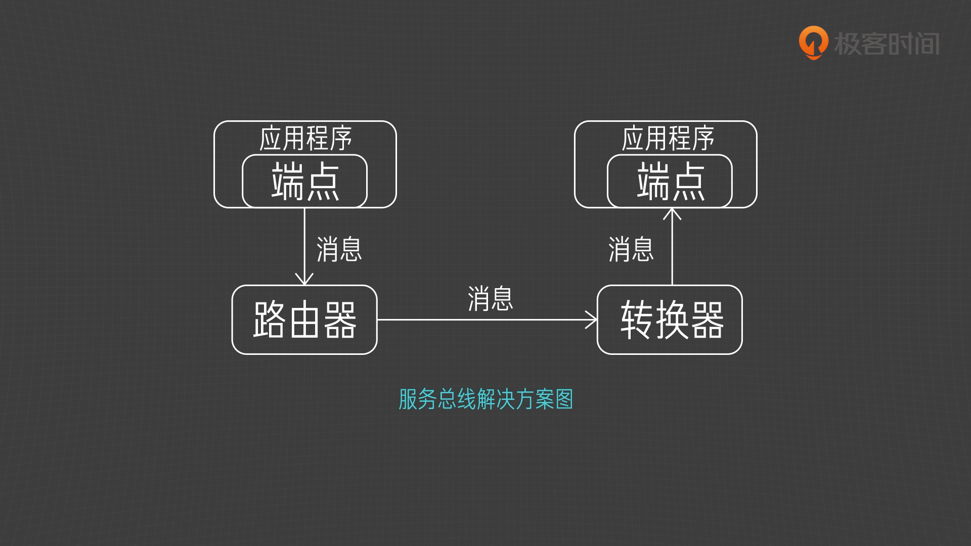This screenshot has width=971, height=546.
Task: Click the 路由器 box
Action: click(304, 320)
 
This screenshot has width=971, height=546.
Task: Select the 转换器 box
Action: click(670, 320)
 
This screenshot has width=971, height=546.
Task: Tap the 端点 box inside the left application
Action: click(304, 181)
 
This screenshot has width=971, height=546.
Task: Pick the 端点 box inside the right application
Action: click(670, 181)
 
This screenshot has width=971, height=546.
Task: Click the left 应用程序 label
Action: click(305, 139)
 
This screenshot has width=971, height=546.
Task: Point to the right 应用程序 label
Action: click(668, 139)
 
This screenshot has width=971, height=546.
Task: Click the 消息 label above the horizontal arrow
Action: click(490, 298)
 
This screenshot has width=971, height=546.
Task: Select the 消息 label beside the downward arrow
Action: click(339, 249)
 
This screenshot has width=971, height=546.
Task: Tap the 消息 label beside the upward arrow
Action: click(631, 249)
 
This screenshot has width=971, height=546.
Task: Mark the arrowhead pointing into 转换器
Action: click(592, 320)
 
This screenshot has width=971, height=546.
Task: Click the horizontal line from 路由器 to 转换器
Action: click(480, 320)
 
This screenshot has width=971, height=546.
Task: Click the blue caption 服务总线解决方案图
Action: click(485, 399)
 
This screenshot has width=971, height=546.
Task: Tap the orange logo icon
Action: click(813, 42)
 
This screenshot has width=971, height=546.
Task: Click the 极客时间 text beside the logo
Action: click(887, 44)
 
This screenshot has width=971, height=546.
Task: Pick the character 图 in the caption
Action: click(564, 399)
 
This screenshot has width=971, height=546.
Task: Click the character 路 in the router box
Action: click(270, 320)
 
